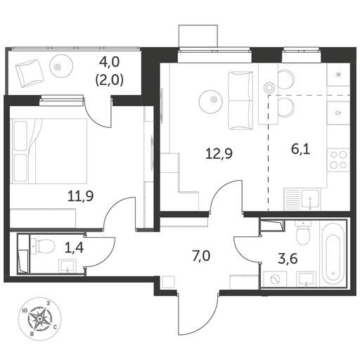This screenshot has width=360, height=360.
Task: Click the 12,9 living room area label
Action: click(x=219, y=154)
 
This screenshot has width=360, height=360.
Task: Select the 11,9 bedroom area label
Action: click(x=81, y=196)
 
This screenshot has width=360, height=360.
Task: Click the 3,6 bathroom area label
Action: click(x=288, y=259)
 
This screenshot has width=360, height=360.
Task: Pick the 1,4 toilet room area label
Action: click(x=74, y=247)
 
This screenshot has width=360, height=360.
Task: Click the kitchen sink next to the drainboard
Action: click(x=310, y=199)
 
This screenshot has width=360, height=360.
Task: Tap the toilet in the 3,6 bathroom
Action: click(x=303, y=233)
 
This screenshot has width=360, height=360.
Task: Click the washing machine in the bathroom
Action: click(x=275, y=279)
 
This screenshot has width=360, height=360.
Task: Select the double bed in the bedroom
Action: click(x=49, y=151)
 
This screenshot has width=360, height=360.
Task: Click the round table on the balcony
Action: click(x=57, y=67)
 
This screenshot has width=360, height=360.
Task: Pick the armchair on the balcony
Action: click(x=30, y=73)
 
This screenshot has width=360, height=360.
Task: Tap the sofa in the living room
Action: click(x=240, y=101)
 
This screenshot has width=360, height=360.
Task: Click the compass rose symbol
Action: click(x=40, y=319)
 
